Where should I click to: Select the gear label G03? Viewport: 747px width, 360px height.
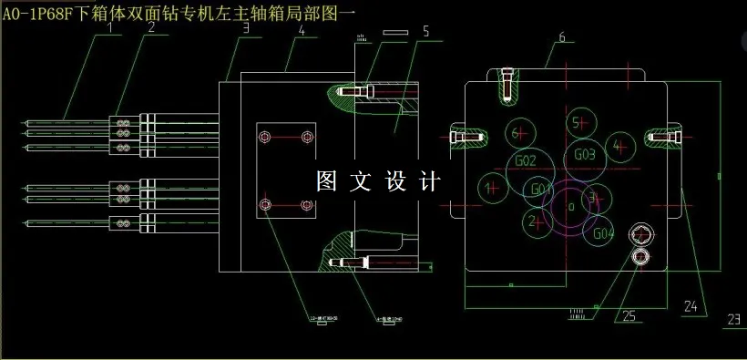click(x=585, y=155)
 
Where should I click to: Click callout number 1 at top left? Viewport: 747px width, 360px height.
click(x=112, y=27)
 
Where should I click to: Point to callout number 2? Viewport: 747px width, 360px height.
click(x=152, y=27)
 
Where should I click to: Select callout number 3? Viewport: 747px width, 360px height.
click(x=246, y=28)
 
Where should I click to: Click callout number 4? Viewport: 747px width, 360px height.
click(x=302, y=30)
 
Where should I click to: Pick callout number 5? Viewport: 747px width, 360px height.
click(x=425, y=31)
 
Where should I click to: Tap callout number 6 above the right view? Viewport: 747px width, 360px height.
click(x=562, y=37)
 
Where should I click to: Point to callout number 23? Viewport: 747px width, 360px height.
click(x=734, y=319)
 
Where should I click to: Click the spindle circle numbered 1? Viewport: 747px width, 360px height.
click(x=493, y=189)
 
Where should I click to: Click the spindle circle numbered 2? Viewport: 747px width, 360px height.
click(x=533, y=220)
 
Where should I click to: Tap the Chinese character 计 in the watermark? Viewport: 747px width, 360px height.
click(x=429, y=180)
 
